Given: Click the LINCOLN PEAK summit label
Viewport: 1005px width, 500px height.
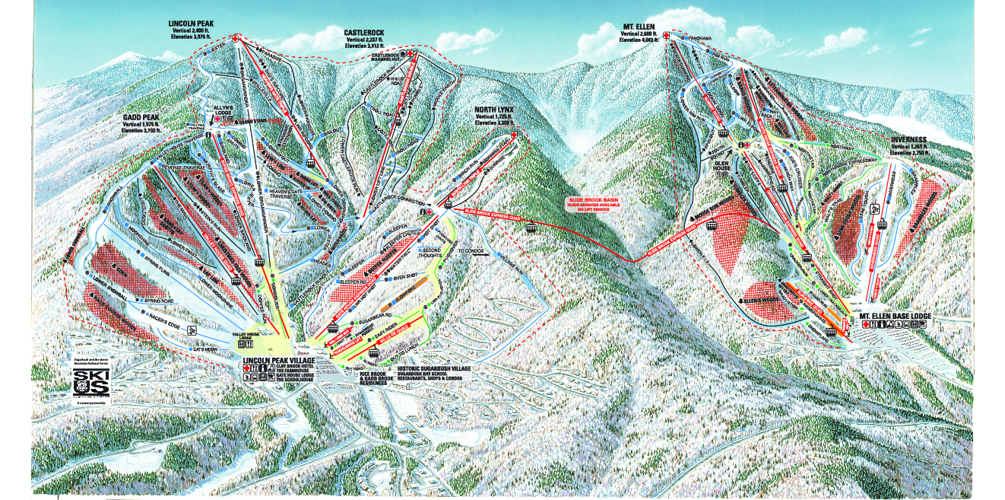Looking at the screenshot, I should pyautogui.click(x=191, y=24).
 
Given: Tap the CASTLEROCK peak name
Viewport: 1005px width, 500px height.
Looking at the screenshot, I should pyautogui.click(x=363, y=33).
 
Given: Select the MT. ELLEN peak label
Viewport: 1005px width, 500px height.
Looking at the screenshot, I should pyautogui.click(x=638, y=26).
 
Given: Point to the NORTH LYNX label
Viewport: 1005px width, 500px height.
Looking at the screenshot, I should pyautogui.click(x=494, y=110).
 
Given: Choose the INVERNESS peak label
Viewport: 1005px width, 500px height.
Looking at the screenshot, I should pyautogui.click(x=912, y=141).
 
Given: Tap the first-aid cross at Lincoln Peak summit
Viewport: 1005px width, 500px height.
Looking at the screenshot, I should pyautogui.click(x=236, y=38).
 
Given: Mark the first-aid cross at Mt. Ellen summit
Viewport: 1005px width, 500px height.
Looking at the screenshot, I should pyautogui.click(x=667, y=36).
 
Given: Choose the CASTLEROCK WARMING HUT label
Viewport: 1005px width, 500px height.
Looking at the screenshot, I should pyautogui.click(x=387, y=57).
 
